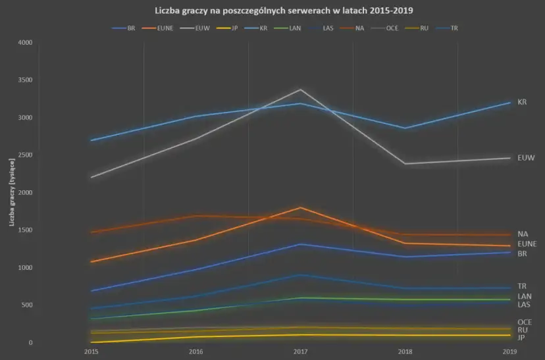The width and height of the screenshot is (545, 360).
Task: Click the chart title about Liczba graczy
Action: (x=272, y=11)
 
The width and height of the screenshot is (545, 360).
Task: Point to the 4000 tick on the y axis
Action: (x=25, y=43)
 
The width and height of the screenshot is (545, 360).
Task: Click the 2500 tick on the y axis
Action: (x=25, y=155)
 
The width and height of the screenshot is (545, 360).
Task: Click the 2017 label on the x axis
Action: (x=301, y=352)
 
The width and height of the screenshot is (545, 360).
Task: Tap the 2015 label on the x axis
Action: (x=91, y=352)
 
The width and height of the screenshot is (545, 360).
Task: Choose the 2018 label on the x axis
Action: (x=405, y=352)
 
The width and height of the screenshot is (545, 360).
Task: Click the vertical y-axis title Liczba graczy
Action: (x=12, y=193)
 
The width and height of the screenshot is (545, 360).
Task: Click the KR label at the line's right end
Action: (x=522, y=102)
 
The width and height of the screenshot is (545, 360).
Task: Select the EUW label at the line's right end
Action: (x=526, y=158)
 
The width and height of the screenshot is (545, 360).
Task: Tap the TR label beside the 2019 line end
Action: (x=522, y=286)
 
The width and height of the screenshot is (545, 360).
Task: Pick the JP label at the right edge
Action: (x=521, y=338)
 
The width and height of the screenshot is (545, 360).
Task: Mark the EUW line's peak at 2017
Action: (x=301, y=90)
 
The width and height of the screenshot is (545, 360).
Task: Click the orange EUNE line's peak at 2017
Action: (x=301, y=207)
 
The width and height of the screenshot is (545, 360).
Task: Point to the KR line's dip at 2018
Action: (x=405, y=128)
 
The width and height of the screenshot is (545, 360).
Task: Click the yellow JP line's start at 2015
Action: (x=91, y=342)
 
